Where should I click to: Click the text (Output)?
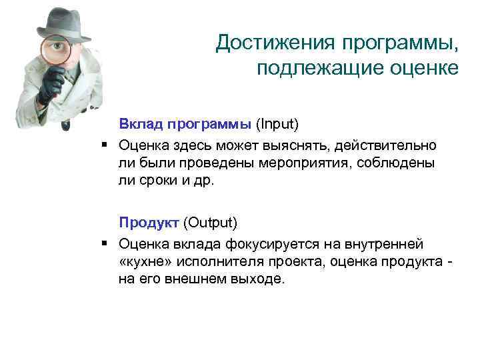[210, 221]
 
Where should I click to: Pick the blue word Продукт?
[149, 221]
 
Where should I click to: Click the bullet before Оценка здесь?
[106, 145]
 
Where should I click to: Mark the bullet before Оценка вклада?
[106, 243]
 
